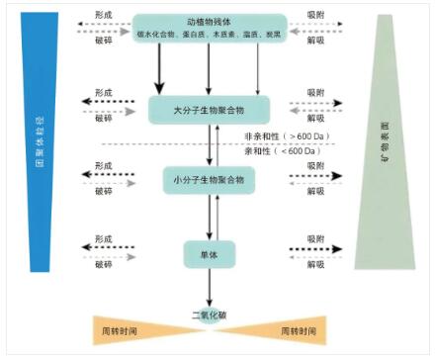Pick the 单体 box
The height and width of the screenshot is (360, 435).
click(209, 254)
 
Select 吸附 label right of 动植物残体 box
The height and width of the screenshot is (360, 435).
click(314, 17)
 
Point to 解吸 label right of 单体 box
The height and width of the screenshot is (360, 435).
click(314, 265)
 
